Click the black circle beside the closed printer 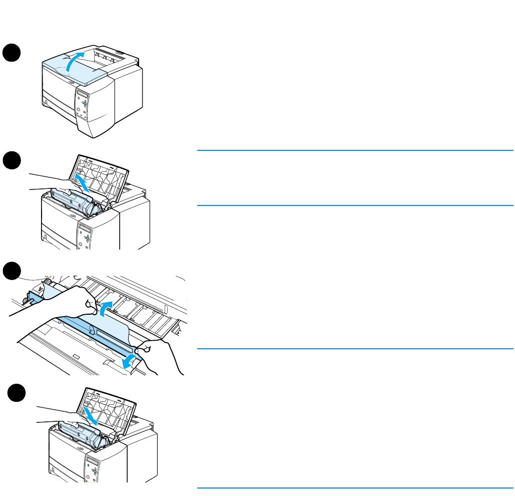[x=12, y=53]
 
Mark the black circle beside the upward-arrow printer [x=12, y=162]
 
